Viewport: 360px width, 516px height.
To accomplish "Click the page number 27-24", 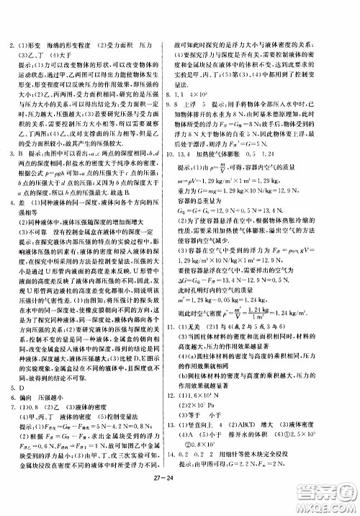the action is (x=180, y=496).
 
